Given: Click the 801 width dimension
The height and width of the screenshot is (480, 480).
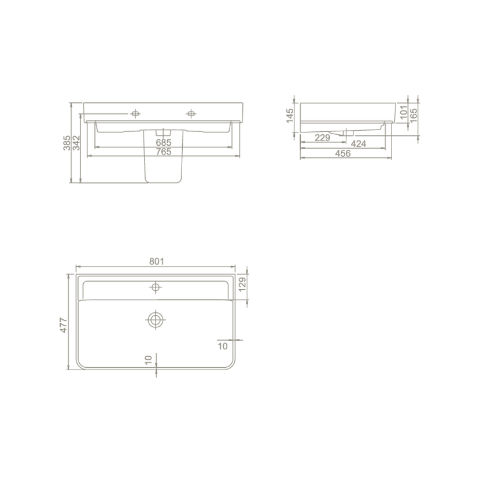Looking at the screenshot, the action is (156, 261).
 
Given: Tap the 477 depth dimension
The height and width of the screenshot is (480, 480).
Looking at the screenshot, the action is (64, 325).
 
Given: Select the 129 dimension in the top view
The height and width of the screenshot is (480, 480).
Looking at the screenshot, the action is (242, 285).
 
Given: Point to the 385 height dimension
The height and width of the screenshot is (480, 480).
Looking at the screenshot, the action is (67, 143).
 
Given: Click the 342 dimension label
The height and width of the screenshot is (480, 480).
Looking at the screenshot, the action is (76, 143).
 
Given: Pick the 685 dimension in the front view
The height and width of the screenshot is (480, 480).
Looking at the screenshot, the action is (164, 143).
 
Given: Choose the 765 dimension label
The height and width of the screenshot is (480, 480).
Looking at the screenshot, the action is (164, 152).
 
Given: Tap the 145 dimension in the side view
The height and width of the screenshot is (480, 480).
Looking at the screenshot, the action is (290, 116).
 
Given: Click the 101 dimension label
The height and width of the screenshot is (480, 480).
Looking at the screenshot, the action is (404, 112).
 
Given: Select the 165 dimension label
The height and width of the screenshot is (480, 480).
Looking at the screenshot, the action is (413, 115).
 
